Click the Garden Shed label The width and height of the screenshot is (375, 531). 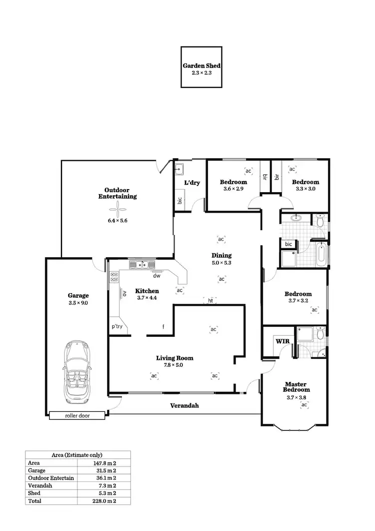[x=201, y=66]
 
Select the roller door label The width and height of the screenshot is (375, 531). [x=77, y=415]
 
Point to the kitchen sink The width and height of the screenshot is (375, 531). [x=142, y=265]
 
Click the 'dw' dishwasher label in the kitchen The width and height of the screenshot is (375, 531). [x=156, y=275]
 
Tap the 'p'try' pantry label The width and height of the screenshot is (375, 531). [x=117, y=327]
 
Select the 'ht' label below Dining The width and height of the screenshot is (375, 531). [x=211, y=301]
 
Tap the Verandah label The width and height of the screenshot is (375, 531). [x=184, y=406]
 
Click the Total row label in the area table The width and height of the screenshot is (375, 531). [x=35, y=500]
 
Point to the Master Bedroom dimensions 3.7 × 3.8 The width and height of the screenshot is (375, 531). [x=296, y=397]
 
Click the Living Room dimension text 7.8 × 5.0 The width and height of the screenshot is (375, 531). [x=174, y=365]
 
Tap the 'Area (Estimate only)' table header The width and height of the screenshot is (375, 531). [x=77, y=455]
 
